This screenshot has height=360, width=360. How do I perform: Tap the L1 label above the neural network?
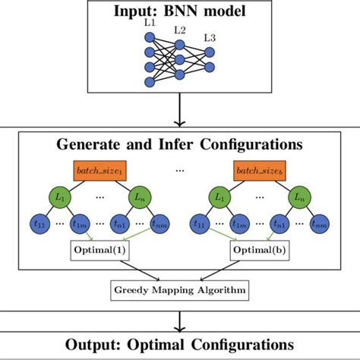coord(149,26)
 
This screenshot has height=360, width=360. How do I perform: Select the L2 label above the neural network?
coord(179,30)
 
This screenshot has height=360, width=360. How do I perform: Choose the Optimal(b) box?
coord(262,249)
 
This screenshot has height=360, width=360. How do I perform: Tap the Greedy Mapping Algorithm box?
coord(180,288)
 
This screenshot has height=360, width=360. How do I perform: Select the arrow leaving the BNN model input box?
coord(180,114)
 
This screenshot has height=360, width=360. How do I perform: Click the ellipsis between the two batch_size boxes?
coord(180,169)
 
